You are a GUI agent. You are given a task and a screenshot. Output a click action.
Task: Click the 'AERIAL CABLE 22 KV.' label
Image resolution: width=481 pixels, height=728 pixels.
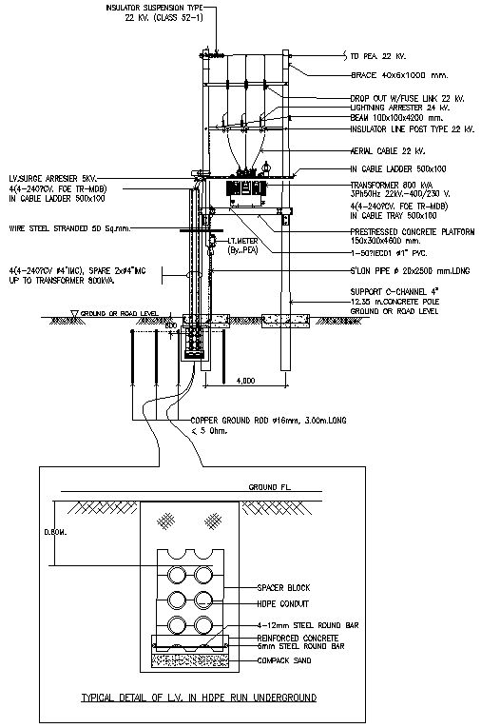382,150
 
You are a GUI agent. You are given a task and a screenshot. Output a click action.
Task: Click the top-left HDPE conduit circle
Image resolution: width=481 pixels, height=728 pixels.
178,576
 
